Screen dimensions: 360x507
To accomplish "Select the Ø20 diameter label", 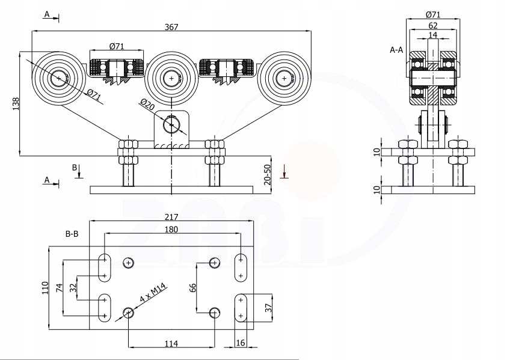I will pos(147,104).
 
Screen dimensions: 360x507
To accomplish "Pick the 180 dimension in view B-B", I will pos(171,229).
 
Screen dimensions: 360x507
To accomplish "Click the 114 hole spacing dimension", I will pos(171,343).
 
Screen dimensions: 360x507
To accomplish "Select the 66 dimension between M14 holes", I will pos(192,287).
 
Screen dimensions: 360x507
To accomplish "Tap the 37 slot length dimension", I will pos(269,307).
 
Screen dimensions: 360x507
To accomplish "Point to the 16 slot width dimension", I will pos(240,343).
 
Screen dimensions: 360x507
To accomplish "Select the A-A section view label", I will pos(396,50).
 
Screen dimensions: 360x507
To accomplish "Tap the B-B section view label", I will pos(72,233).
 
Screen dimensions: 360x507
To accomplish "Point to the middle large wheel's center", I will pos(172,78).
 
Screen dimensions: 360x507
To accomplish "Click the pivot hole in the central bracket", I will pos(172,125).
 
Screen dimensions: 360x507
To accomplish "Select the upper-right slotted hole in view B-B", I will pos(241,267).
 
